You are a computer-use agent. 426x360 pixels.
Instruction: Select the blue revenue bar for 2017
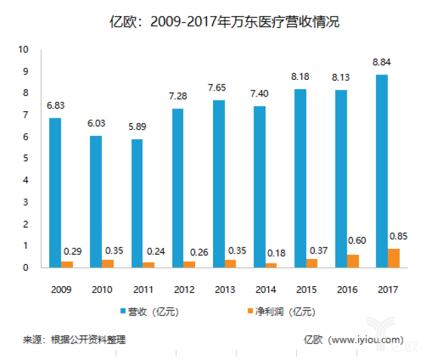point(381,171)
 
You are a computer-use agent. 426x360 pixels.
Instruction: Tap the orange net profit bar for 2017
point(394,258)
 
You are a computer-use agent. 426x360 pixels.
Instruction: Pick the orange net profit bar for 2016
point(353,261)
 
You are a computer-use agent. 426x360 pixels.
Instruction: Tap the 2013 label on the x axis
point(224,290)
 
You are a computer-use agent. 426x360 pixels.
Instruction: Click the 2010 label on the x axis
point(102,290)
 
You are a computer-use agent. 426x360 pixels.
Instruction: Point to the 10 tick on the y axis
point(24,49)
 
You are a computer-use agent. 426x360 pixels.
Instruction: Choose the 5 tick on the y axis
point(26,158)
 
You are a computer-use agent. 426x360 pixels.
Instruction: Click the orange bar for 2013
point(231,264)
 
